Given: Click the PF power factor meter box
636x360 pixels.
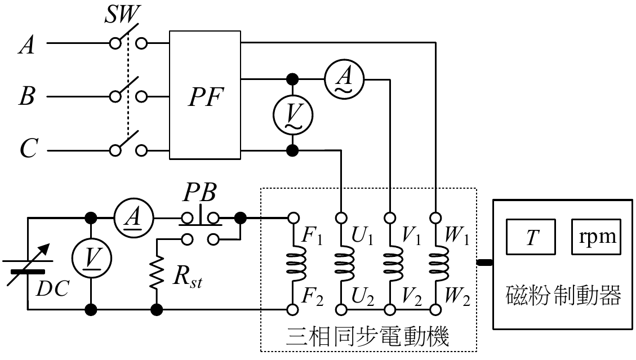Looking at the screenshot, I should coord(205,96).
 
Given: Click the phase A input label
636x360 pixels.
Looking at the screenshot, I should coord(26,45).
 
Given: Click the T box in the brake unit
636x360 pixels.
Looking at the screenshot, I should coord(531,237).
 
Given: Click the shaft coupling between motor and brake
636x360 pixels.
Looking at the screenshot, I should coord(485,262).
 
